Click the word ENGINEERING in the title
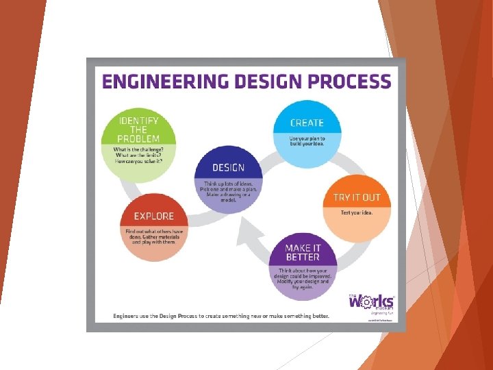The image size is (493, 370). (162, 82)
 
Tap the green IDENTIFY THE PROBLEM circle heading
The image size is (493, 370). (138, 129)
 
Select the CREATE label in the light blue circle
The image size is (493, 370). (307, 123)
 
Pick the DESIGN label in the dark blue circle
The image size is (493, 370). (228, 168)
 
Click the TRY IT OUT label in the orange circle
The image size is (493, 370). (356, 197)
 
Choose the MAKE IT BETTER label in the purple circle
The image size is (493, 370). (303, 252)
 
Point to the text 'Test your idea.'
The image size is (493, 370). (357, 212)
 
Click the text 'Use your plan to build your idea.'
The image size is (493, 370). (307, 142)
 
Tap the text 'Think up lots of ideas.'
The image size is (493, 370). (228, 183)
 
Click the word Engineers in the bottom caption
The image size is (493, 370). (129, 316)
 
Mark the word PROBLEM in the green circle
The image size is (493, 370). (138, 138)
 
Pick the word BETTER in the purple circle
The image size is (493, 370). (303, 257)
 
